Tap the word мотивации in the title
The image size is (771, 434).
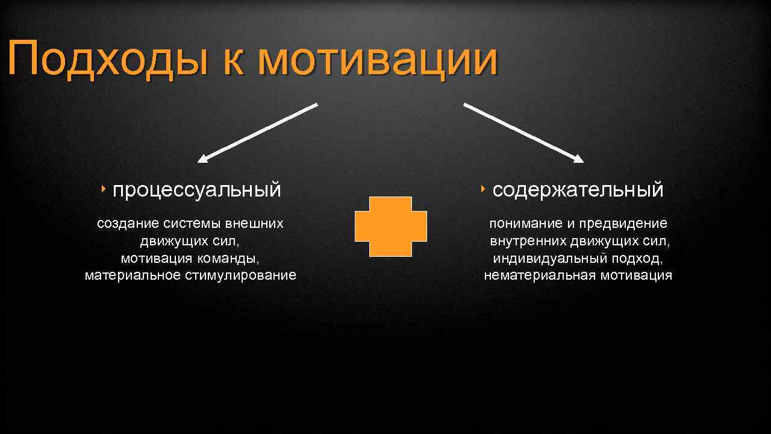tap(378, 59)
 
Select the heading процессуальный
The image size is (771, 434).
tap(196, 189)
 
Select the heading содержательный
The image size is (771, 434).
tap(578, 189)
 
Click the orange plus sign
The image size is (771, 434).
tap(390, 227)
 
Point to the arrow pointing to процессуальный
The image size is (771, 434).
tap(258, 133)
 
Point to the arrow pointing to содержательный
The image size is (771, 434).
tap(523, 133)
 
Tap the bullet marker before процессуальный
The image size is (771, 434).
tap(104, 189)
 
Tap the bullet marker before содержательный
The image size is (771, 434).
tap(484, 189)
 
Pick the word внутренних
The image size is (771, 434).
tap(528, 241)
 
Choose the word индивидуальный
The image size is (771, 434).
tap(544, 259)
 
